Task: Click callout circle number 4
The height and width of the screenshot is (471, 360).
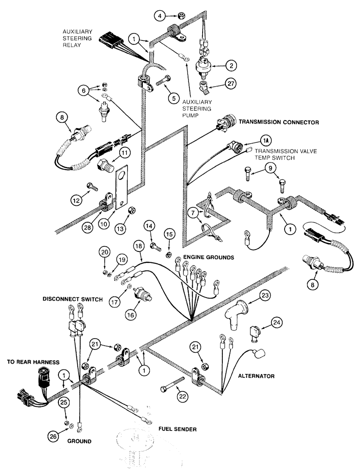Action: (160, 16)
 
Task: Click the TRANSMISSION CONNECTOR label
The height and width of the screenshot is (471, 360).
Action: (279, 122)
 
